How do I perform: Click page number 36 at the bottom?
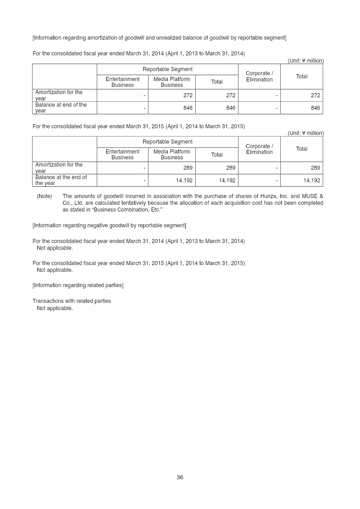point(180,477)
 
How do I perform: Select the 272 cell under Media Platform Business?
point(188,95)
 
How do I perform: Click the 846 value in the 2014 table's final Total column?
point(315,108)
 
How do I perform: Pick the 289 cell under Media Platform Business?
point(188,168)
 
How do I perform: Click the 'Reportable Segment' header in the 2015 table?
point(167,142)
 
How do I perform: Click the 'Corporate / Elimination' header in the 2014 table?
point(259,77)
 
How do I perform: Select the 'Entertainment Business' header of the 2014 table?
point(122,82)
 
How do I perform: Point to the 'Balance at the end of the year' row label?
point(61,180)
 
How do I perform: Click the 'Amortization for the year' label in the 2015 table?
point(59,167)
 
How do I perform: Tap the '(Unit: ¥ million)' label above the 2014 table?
point(306,61)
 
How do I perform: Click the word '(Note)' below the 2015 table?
point(44,196)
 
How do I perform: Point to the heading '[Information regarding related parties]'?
point(78,285)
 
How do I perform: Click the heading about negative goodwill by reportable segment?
point(109,225)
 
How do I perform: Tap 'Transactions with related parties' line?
point(72,301)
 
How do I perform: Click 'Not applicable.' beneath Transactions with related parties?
point(54,308)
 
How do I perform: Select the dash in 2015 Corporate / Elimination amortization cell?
point(277,168)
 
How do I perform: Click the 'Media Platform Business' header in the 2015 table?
point(171,154)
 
